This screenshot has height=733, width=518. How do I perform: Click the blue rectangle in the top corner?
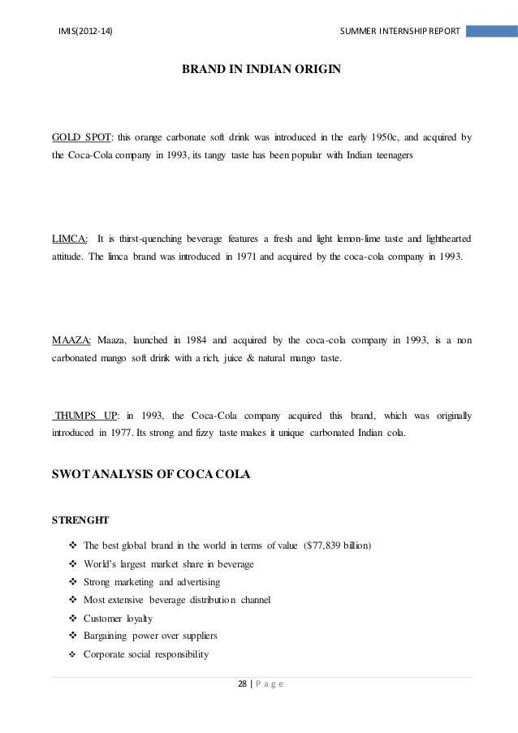click(x=492, y=31)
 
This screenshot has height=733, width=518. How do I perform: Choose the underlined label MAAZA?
click(x=71, y=340)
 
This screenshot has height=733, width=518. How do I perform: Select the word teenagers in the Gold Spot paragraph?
click(x=393, y=153)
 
